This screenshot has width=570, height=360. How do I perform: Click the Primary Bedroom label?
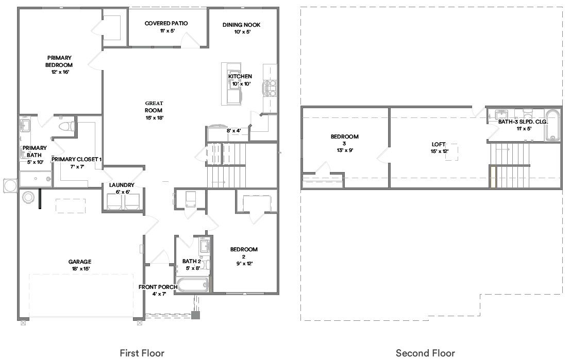coord(60,61)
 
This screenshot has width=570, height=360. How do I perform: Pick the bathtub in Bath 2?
coord(192,285)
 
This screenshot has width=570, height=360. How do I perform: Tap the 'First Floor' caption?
coord(142,353)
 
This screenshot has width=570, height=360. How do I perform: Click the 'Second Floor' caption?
coord(425,353)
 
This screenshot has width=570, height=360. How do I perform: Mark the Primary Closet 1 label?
coord(76,163)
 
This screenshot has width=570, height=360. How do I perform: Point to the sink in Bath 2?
coord(204,245)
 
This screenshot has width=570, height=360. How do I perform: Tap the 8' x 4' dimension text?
coord(234,131)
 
